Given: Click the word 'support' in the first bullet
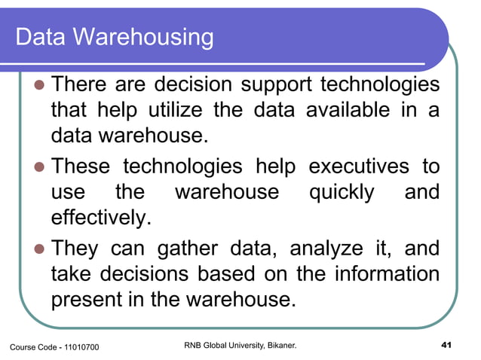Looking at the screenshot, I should (265, 83).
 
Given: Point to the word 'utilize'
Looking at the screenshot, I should (165, 110).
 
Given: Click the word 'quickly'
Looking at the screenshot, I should (342, 192).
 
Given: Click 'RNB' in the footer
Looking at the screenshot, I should (195, 346).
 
